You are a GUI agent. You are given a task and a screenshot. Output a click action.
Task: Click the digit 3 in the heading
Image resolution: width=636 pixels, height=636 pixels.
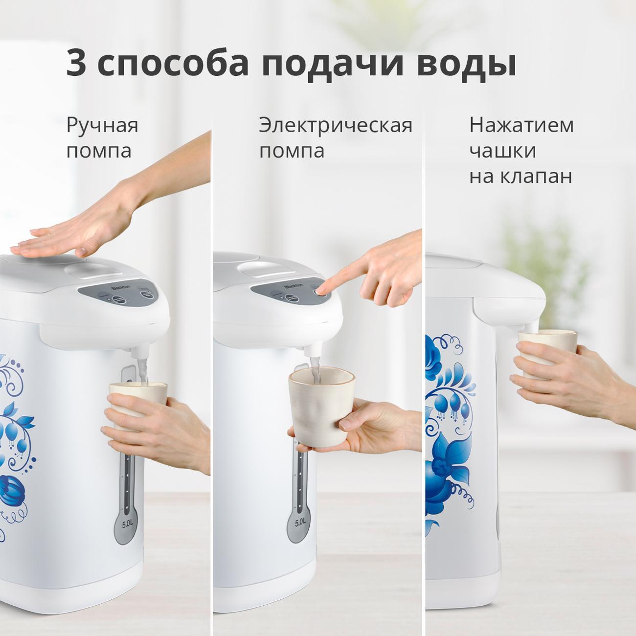tap(76, 63)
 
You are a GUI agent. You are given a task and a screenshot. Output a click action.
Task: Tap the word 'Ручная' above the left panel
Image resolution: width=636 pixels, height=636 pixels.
tap(102, 125)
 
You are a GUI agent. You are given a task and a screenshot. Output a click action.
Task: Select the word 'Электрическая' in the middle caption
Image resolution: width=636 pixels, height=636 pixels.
tap(336, 125)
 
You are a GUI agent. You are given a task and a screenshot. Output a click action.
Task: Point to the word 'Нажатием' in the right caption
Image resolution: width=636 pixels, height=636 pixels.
tap(521, 125)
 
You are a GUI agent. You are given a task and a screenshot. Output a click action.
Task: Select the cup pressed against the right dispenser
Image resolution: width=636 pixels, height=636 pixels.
tap(547, 350)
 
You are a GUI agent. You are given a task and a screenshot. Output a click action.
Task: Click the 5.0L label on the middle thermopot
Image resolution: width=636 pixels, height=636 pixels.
tap(300, 522)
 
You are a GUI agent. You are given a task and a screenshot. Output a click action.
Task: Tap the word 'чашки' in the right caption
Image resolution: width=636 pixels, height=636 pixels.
tap(502, 151)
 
